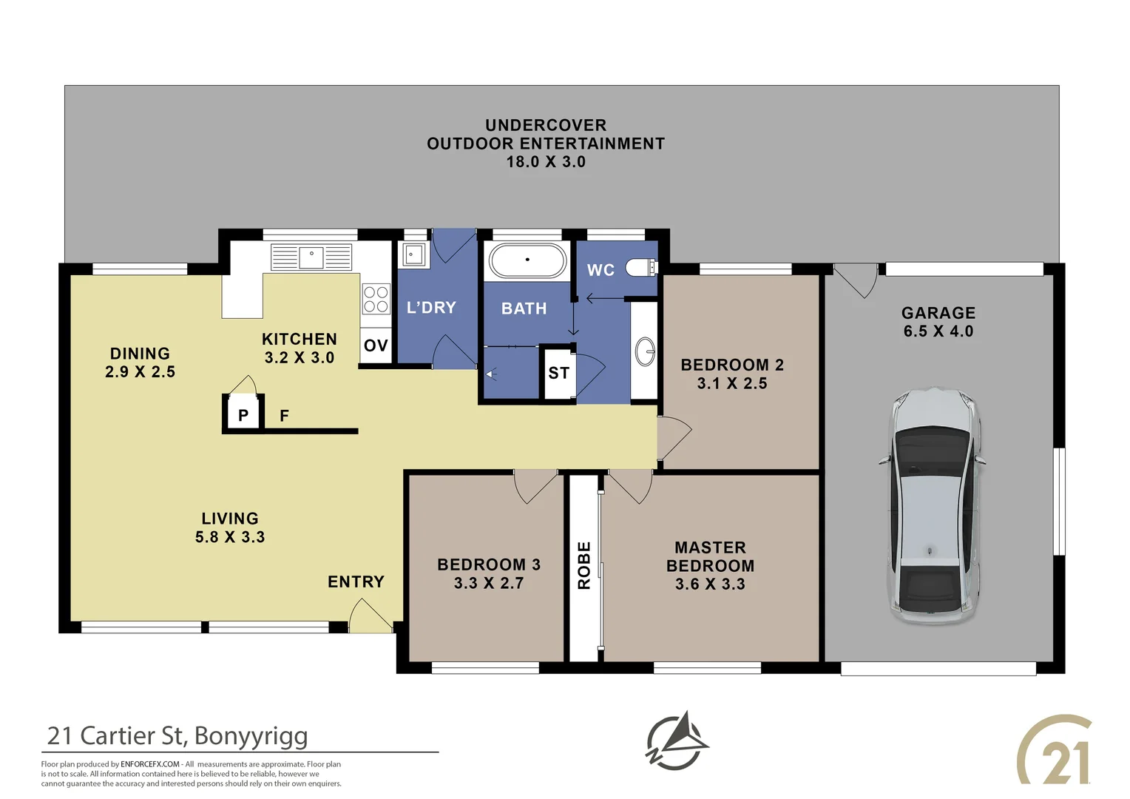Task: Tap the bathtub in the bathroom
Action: pos(527,261)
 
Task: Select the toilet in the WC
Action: pos(640,267)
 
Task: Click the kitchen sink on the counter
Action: pos(311,257)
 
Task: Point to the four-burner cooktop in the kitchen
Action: pos(376,299)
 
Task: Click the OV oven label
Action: pos(376,345)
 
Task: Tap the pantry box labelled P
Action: pos(243,416)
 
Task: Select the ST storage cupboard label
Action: pos(558,374)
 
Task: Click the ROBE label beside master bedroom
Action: pos(584,565)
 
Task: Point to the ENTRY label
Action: pos(356,582)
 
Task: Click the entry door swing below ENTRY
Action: pos(370,617)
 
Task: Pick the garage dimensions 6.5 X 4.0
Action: pos(938,331)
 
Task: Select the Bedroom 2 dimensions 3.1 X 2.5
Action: pos(731,383)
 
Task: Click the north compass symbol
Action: pos(676,741)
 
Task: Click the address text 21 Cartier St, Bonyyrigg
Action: pos(177,735)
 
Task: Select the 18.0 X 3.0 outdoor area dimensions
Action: pos(545,162)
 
